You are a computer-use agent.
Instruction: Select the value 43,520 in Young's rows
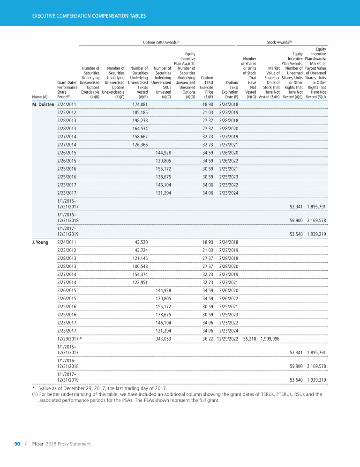(x=142, y=242)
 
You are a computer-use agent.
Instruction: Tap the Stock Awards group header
(x=279, y=42)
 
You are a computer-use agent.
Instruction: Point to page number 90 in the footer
(x=17, y=444)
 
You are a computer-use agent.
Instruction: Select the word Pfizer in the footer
(x=38, y=444)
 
